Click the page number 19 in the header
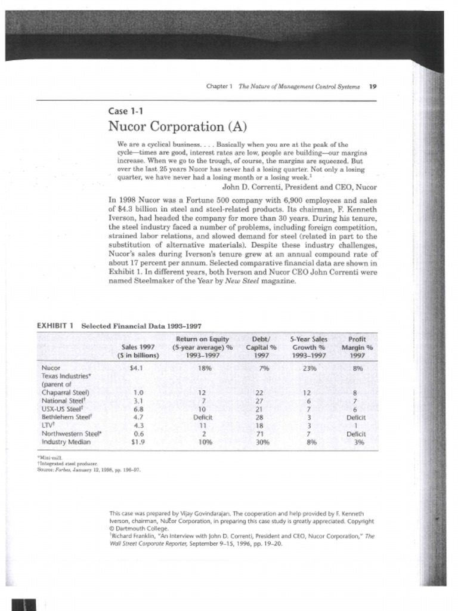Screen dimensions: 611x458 pyautogui.click(x=373, y=87)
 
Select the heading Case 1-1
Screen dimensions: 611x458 pyautogui.click(x=125, y=111)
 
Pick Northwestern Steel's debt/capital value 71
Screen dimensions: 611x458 pyautogui.click(x=259, y=434)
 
